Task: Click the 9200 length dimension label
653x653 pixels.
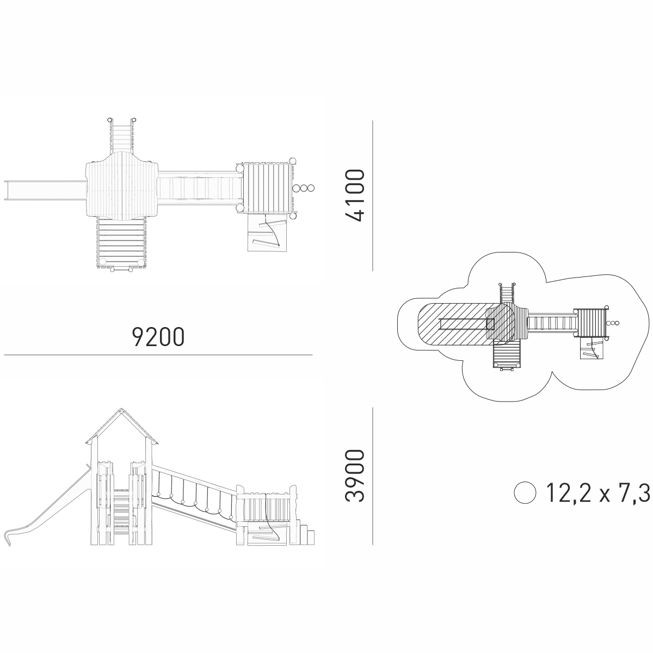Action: click(158, 336)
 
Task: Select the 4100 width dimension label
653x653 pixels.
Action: click(355, 195)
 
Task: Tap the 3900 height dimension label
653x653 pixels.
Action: click(355, 476)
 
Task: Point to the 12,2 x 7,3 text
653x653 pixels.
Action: click(598, 493)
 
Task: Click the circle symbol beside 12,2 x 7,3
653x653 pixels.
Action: click(525, 493)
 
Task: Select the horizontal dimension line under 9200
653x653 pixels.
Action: click(158, 355)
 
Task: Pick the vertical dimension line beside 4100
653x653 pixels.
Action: click(373, 196)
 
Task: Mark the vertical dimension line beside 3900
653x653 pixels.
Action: click(373, 476)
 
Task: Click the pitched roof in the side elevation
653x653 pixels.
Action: click(122, 426)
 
